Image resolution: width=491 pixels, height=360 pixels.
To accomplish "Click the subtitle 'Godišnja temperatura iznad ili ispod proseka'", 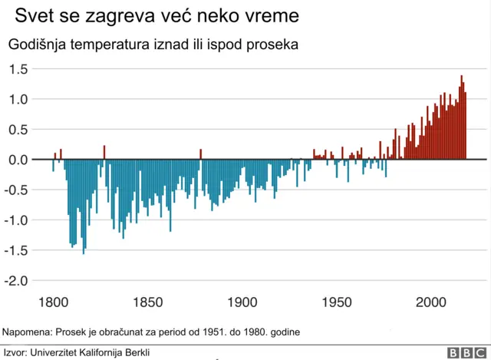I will [153, 45].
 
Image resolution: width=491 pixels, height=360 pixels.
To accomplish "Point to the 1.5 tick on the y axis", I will [18, 69].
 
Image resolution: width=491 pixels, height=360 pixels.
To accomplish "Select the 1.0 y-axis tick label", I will [18, 99].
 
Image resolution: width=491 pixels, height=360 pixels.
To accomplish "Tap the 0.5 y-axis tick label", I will [18, 130].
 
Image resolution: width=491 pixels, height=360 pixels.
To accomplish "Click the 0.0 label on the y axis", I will [18, 160].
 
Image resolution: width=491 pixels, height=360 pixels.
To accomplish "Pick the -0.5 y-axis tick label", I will [17, 190].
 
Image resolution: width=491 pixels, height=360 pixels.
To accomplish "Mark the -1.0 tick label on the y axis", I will [17, 220].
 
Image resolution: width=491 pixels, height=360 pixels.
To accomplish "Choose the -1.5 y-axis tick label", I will [17, 250].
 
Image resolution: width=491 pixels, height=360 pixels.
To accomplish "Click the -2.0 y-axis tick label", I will [17, 281].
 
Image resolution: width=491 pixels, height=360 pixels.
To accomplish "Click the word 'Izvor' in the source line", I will [14, 352].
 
